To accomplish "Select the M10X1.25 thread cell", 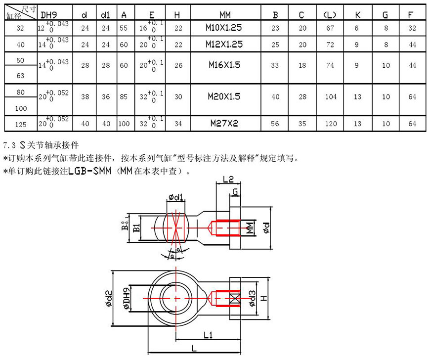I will click(x=224, y=29).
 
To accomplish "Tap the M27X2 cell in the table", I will click(x=224, y=124).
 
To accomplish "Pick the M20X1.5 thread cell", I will click(x=224, y=97).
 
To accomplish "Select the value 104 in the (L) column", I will click(x=331, y=97).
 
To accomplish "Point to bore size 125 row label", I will click(x=20, y=124).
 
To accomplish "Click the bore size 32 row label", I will click(x=20, y=29).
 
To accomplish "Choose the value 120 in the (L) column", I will click(x=331, y=124).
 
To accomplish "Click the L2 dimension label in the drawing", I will click(x=228, y=180).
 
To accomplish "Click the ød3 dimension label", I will click(x=253, y=299).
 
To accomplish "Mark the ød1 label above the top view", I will click(x=176, y=198).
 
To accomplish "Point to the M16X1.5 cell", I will click(x=224, y=65).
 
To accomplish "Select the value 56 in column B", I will click(x=275, y=124).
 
